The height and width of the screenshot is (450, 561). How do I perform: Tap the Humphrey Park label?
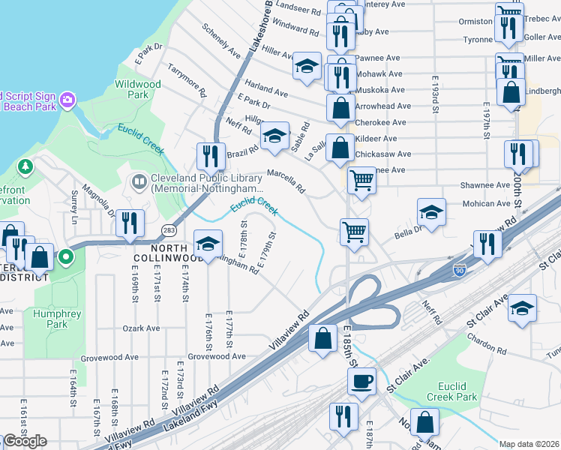tap(51, 319)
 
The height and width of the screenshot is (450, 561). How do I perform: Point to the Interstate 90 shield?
tap(458, 270)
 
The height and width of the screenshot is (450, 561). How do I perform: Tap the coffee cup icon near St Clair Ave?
tap(361, 381)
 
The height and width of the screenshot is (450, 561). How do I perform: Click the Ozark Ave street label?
tap(142, 328)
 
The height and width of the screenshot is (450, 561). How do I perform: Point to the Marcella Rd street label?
tap(286, 180)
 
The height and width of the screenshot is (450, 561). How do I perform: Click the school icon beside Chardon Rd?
tap(522, 307)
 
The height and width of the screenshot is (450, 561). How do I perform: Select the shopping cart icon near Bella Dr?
tap(354, 231)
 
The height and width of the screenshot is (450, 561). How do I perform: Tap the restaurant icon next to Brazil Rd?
tap(211, 156)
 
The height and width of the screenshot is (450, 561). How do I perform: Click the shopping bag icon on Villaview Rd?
tap(323, 337)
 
